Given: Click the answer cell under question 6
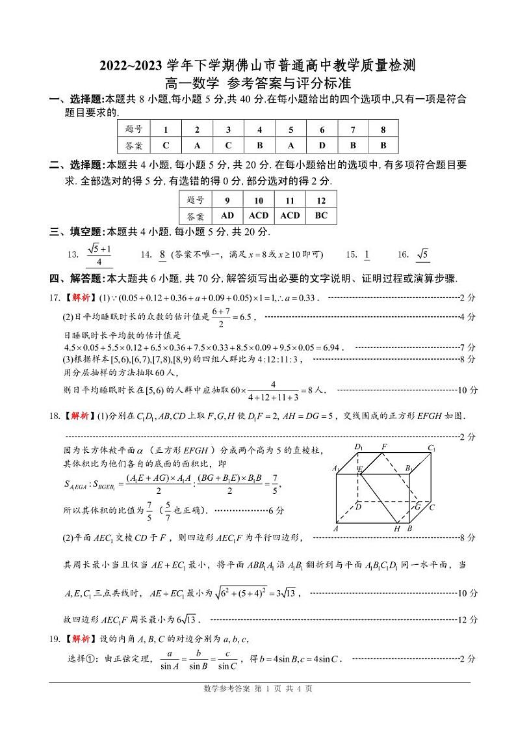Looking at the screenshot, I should tap(322, 146).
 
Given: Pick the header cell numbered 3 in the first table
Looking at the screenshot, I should tap(228, 129).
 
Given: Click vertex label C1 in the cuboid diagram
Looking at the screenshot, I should tap(431, 448).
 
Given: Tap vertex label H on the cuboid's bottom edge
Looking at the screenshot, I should tap(397, 529).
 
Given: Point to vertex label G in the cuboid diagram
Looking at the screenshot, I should tap(417, 506).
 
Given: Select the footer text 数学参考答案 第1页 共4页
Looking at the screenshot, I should tap(258, 688).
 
